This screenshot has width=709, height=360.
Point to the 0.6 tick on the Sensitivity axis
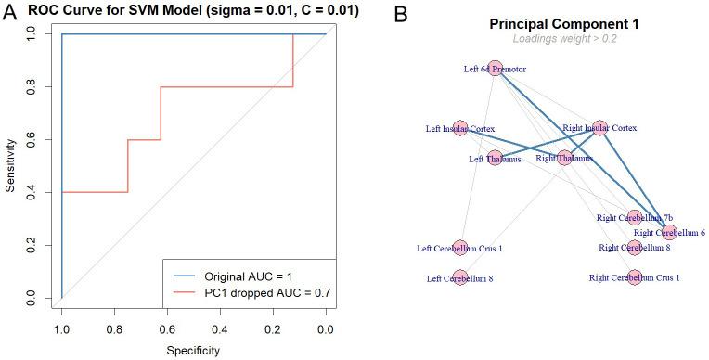click(x=32, y=139)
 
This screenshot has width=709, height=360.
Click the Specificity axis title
click(x=193, y=350)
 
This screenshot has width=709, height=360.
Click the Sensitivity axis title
click(x=9, y=165)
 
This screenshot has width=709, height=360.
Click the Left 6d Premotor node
click(x=495, y=69)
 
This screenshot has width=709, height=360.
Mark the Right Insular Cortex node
click(x=599, y=127)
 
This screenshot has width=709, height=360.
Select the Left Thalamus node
click(x=495, y=159)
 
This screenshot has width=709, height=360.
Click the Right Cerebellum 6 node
click(x=669, y=232)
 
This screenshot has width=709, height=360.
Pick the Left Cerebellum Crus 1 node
click(x=460, y=248)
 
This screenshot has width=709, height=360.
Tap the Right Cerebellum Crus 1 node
click(x=635, y=276)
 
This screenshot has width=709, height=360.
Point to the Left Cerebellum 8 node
click(x=460, y=277)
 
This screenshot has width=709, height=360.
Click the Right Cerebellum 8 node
click(x=635, y=248)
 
